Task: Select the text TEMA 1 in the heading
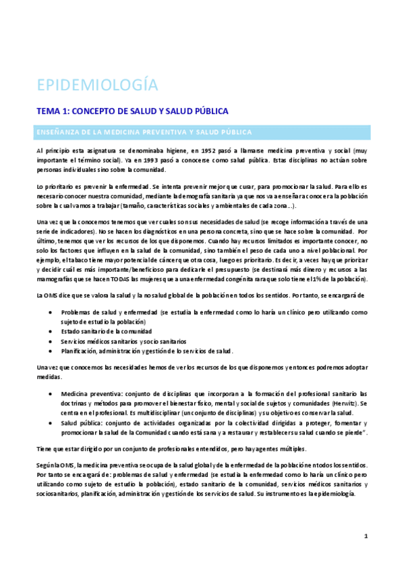(51, 110)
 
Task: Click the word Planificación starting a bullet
(78, 351)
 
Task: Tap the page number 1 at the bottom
(365, 536)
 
